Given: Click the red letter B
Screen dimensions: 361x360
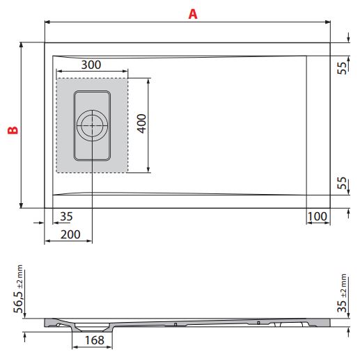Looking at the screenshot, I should click(11, 129).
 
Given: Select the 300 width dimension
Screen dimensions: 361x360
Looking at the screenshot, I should click(91, 65).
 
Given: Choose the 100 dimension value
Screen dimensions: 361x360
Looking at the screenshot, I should click(318, 216).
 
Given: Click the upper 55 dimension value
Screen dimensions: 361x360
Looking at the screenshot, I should click(343, 68).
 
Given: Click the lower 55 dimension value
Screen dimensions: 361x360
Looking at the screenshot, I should click(343, 184).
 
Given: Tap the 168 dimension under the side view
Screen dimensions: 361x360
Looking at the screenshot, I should click(95, 341).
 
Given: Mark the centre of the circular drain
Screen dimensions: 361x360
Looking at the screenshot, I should click(92, 126).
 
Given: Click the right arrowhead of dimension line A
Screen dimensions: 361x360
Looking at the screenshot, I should click(328, 22).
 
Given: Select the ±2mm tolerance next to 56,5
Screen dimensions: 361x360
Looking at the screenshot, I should click(20, 276).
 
